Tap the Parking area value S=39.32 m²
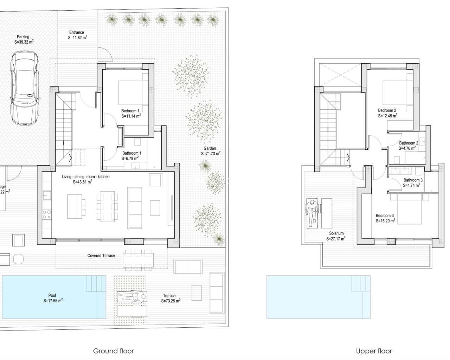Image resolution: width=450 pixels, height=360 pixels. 24,41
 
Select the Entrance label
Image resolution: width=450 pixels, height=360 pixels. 76,32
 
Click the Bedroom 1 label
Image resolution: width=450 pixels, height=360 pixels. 130,111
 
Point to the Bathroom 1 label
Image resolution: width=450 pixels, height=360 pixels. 132,153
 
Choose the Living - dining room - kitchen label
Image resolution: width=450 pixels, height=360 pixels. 85,176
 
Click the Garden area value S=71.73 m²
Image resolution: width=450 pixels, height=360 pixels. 211,154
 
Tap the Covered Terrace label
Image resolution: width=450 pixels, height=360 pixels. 101,256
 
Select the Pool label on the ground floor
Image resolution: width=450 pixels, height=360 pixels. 52,295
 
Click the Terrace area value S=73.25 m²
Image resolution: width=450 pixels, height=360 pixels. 171,301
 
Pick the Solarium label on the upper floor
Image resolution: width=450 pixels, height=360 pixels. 336,233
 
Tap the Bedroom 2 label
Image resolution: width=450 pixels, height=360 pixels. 387,110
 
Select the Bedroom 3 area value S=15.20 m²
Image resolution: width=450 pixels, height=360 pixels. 385,221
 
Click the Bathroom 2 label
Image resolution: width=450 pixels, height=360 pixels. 409,143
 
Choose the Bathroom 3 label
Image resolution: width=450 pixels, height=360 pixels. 413,180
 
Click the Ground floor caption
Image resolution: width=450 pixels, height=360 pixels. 113,351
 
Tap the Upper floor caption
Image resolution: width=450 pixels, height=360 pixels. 374,351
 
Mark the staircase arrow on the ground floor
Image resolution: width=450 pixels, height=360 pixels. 71,158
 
